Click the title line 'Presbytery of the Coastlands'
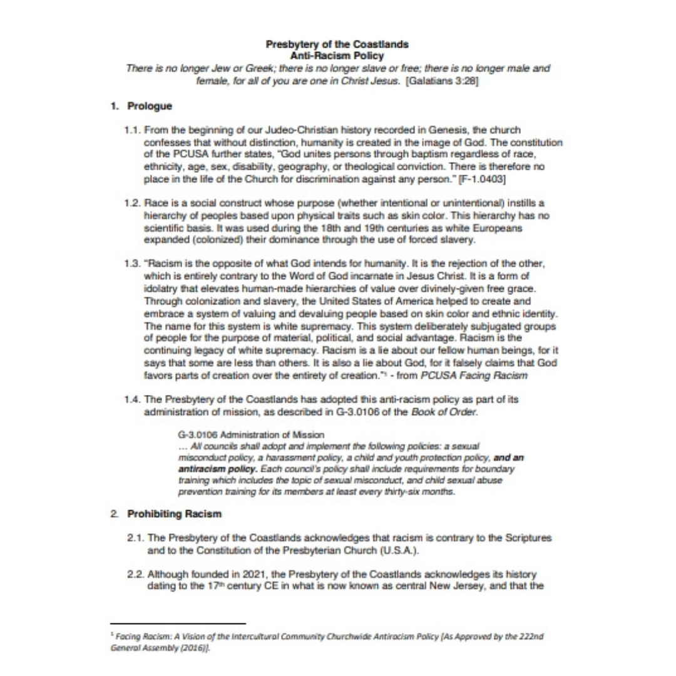[337, 44]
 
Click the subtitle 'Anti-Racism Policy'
[337, 56]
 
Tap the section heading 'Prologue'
[150, 106]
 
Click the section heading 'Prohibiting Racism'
[175, 515]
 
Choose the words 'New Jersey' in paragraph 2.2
[463, 586]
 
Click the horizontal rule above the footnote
[178, 623]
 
